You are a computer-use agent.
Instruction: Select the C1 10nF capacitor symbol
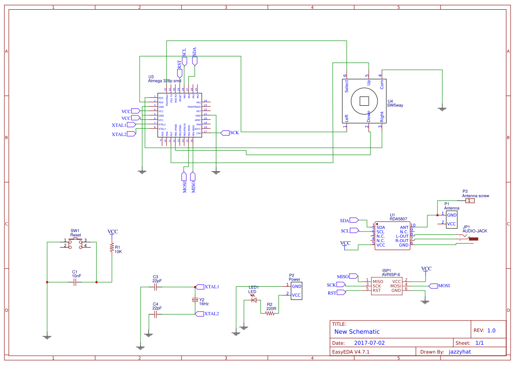75,282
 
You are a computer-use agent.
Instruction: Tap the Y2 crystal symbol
196,300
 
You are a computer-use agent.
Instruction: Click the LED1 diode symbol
253,300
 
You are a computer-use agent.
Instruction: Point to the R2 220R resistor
270,314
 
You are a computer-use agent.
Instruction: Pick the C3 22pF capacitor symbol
155,287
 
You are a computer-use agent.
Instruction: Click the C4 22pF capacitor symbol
155,314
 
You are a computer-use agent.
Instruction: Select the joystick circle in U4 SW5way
364,101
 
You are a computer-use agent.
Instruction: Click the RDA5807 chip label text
398,219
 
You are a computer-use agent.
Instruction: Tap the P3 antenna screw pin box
470,201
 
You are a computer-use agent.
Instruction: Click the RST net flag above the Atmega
179,70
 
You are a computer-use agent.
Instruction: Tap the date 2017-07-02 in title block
369,343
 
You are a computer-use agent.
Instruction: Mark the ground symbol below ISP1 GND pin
425,302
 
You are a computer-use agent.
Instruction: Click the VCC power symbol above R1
113,232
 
